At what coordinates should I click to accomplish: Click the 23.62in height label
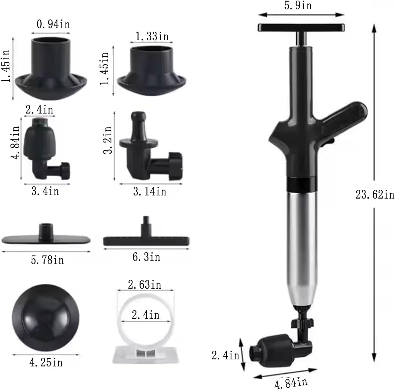(x=375, y=195)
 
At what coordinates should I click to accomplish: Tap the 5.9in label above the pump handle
(x=298, y=5)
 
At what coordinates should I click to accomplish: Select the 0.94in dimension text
(x=53, y=24)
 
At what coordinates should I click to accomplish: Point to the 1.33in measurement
(x=152, y=36)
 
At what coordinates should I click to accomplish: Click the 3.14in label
(x=150, y=191)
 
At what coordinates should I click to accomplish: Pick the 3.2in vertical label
(x=107, y=140)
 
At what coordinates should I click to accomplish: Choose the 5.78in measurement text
(x=47, y=260)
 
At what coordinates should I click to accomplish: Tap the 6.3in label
(x=146, y=257)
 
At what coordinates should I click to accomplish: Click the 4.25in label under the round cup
(x=46, y=363)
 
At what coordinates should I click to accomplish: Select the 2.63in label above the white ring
(x=145, y=285)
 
